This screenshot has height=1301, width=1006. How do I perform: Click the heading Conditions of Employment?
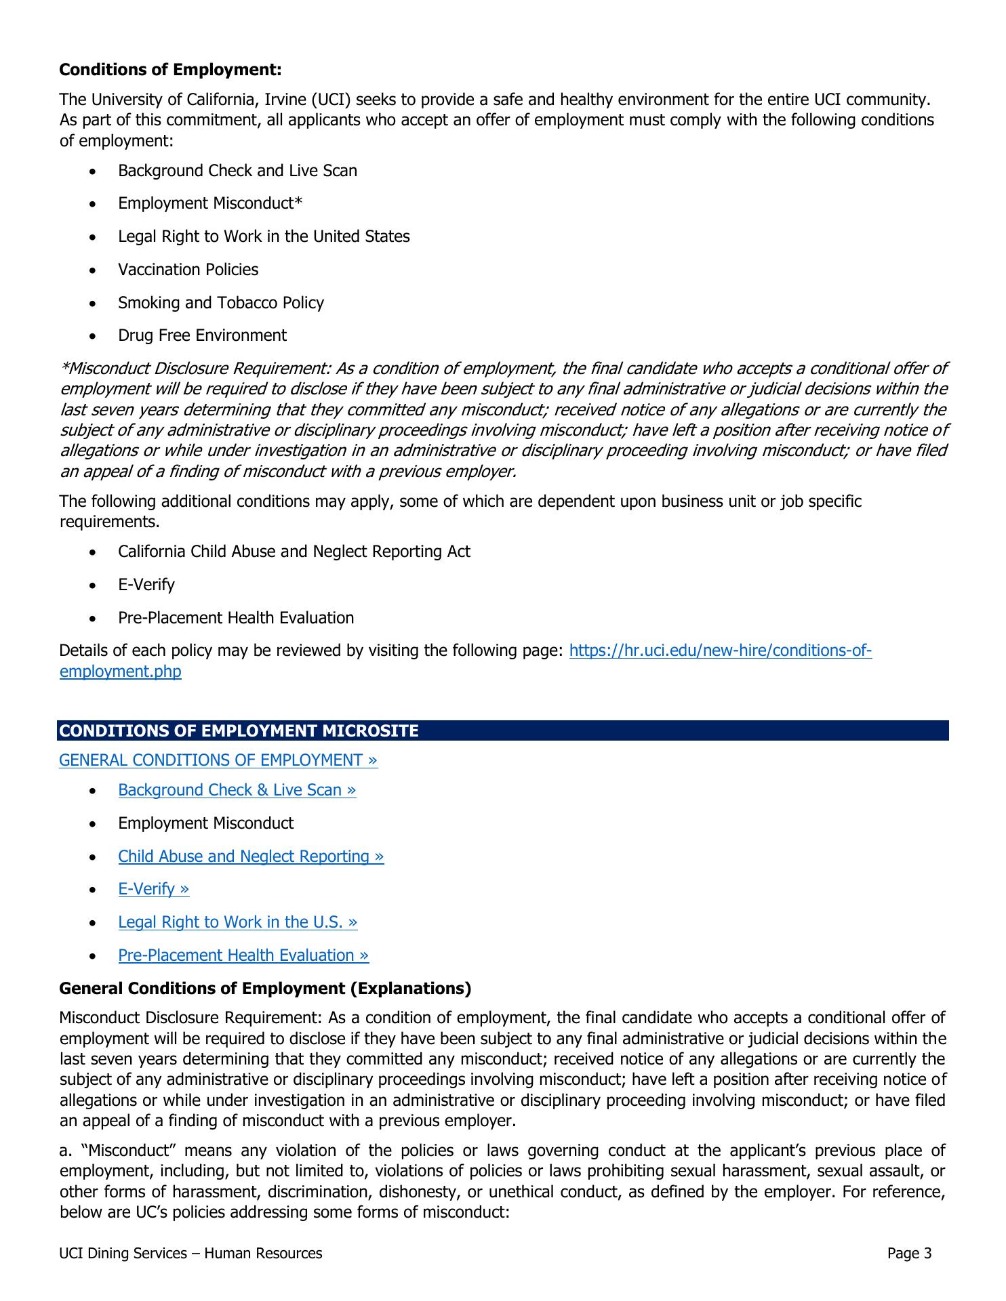(170, 70)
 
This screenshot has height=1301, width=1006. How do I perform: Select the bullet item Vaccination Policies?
(188, 270)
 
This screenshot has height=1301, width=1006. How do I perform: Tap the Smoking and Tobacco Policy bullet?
(220, 303)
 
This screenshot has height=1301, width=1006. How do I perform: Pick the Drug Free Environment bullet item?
(202, 335)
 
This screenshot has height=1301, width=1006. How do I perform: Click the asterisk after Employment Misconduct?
(298, 203)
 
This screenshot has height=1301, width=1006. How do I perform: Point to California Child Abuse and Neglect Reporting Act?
(294, 552)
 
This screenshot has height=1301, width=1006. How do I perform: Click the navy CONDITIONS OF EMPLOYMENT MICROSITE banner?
(503, 730)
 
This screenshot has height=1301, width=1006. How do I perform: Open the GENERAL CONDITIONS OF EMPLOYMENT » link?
(218, 760)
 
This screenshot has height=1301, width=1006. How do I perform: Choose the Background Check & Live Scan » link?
(237, 790)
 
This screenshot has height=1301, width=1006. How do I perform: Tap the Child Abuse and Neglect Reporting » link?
(251, 856)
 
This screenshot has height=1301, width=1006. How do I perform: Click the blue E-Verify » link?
(153, 889)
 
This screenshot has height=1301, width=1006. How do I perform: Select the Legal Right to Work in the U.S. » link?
(237, 922)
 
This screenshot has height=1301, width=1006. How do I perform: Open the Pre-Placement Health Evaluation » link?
(243, 955)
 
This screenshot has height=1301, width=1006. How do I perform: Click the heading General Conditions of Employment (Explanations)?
(265, 989)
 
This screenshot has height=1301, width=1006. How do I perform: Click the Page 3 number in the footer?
(909, 1254)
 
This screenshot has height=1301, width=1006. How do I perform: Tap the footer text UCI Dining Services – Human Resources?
(190, 1254)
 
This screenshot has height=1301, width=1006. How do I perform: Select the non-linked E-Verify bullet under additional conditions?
(146, 585)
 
